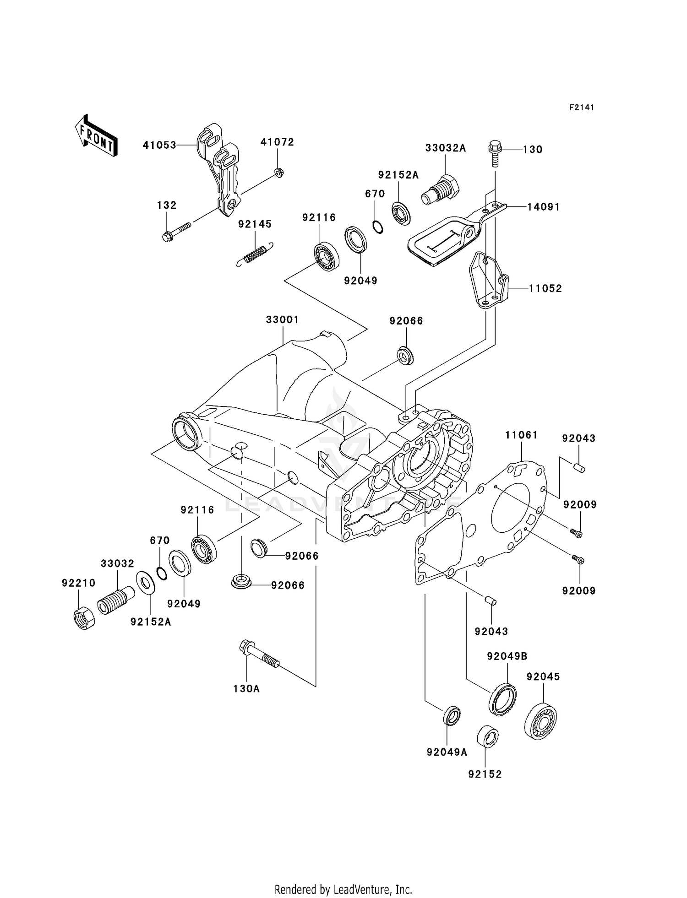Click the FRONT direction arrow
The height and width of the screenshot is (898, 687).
pos(96,136)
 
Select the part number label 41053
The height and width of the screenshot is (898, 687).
pos(159,145)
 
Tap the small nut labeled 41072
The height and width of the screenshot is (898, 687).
pos(278,173)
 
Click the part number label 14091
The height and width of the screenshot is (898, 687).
pos(543,207)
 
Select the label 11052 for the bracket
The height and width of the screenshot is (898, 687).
pos(545,288)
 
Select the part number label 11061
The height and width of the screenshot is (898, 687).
pos(521,435)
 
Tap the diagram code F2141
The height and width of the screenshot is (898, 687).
pos(581,108)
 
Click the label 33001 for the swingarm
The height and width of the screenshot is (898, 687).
pos(282,320)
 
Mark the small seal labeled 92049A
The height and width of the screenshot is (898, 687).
pos(452,715)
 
